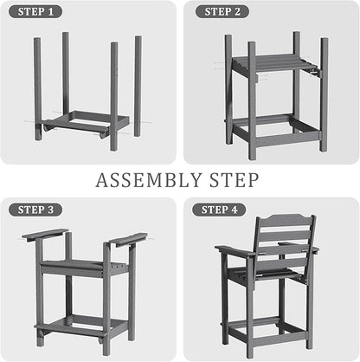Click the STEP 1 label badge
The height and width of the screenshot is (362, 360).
click(x=35, y=12)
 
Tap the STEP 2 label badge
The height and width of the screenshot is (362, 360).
click(x=222, y=12)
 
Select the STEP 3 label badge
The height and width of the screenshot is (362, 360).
click(x=35, y=210)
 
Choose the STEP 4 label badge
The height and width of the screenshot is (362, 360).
click(x=219, y=210)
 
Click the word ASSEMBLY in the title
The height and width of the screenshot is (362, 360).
click(x=149, y=180)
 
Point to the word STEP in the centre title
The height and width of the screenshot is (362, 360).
click(x=234, y=180)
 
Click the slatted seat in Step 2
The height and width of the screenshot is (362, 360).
click(x=273, y=63)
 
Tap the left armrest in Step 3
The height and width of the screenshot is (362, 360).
click(x=45, y=235)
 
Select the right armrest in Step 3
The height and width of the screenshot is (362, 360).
click(x=129, y=239)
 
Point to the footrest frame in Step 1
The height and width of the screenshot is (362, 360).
click(x=87, y=122)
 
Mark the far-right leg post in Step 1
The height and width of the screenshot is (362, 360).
click(x=138, y=86)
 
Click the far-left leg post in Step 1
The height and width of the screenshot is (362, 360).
click(x=37, y=89)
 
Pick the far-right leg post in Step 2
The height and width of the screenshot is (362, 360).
click(x=325, y=94)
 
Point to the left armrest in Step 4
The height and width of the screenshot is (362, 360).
click(x=235, y=251)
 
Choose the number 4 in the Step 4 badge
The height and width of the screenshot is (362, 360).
click(x=235, y=210)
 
